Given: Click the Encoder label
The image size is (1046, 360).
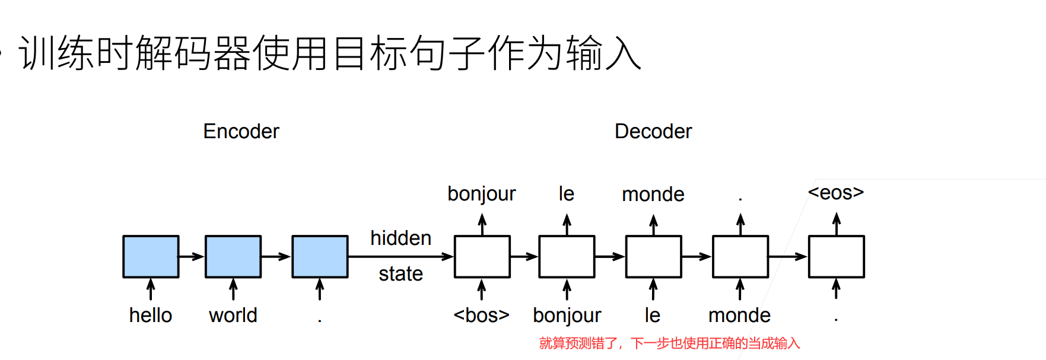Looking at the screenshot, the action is point(241,131).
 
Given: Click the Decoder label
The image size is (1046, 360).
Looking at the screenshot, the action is point(653,131).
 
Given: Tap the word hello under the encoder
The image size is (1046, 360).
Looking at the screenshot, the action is point(151,315).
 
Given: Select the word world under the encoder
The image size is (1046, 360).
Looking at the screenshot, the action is point(233,315).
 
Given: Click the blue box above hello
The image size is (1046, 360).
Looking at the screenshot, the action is point(151,256).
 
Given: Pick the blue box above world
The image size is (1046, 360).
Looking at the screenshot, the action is point(233,256).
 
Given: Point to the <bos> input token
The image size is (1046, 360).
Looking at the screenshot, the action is point(481,315).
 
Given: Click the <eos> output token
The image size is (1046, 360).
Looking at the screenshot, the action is point(835,192).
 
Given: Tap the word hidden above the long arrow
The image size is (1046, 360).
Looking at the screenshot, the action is point(400,238).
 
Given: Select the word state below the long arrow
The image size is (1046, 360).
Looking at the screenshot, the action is point(400,273).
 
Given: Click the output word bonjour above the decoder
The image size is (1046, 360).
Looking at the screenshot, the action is point(481,194).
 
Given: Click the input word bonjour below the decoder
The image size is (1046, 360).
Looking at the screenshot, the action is point(567,316).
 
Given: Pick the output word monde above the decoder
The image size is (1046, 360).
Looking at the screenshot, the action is point(653,194).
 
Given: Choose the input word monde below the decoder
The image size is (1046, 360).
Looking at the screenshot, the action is point(739,315).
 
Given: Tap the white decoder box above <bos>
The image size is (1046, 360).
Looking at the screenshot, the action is point(482,256).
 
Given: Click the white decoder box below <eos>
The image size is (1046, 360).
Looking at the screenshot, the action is point(836,256).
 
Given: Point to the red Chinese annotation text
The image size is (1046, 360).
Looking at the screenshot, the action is point(669,343).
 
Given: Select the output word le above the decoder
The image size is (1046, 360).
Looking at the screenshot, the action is point(567,194).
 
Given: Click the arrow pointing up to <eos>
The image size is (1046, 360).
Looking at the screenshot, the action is point(836,224).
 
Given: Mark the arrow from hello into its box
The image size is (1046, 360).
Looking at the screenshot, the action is point(151,289).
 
